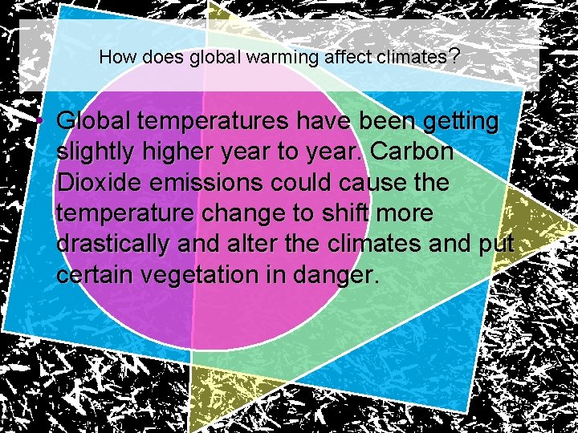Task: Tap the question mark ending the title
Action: (x=454, y=57)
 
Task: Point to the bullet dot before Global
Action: (x=39, y=122)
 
